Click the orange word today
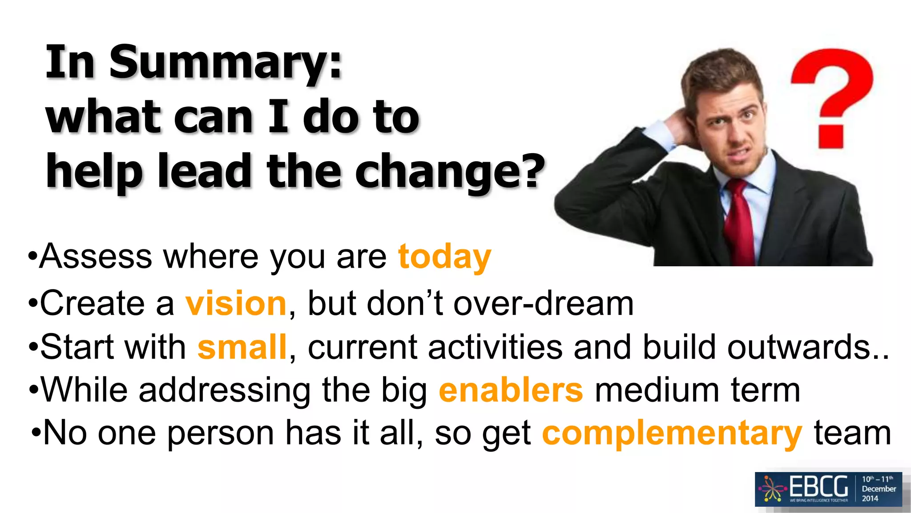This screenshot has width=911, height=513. pyautogui.click(x=444, y=257)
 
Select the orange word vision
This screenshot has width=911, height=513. pyautogui.click(x=236, y=304)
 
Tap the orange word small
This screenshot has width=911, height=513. pyautogui.click(x=242, y=347)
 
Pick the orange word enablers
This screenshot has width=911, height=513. pyautogui.click(x=511, y=391)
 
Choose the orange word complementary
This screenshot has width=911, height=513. pyautogui.click(x=672, y=433)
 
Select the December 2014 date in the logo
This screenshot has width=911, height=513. pyautogui.click(x=879, y=489)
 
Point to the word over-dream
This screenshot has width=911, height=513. pyautogui.click(x=543, y=304)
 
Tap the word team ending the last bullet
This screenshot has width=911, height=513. pyautogui.click(x=852, y=433)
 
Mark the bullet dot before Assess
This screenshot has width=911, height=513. pyautogui.click(x=32, y=257)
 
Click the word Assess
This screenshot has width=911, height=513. pyautogui.click(x=96, y=257)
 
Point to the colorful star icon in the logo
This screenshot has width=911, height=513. pyautogui.click(x=773, y=489)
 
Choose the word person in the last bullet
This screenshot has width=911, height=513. pyautogui.click(x=221, y=433)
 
